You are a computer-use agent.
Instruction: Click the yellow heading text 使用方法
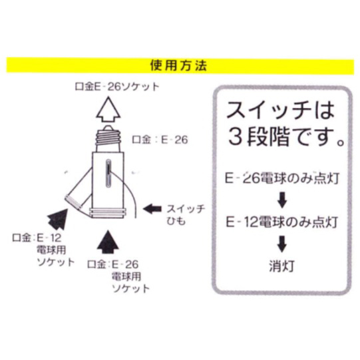coord(178,66)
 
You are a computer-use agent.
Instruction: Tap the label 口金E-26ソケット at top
coord(117,87)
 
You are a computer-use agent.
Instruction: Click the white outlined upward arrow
coord(108,110)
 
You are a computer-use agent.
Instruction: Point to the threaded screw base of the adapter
coord(108,139)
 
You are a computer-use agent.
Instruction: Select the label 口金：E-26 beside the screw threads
coord(160,139)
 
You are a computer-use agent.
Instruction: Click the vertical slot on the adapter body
coord(108,174)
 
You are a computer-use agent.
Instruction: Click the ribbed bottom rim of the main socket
coord(108,213)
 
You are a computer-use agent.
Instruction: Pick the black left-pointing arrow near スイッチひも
coord(152,209)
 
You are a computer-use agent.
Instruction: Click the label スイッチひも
coord(186,215)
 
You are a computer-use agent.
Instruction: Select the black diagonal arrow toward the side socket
coord(58,219)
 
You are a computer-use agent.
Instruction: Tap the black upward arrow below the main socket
coord(108,242)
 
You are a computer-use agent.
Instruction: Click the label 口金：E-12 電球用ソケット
coord(43,250)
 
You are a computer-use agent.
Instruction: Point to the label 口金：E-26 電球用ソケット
coord(118,276)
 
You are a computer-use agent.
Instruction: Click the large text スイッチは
coord(280,110)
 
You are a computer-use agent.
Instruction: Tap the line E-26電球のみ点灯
coord(282,178)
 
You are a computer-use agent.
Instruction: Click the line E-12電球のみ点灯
coord(282,222)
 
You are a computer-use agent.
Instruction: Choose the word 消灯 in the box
coord(281,266)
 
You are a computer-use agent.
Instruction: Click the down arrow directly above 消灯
coord(282,244)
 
